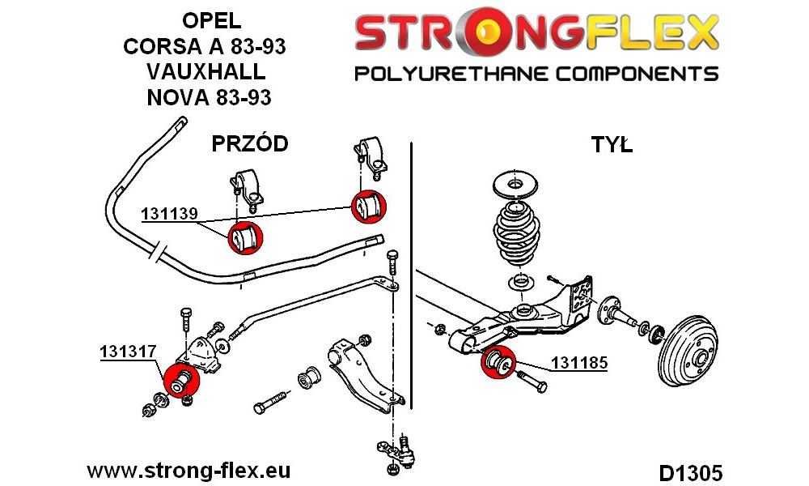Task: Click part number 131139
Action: (x=170, y=213)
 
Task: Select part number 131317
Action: (x=128, y=352)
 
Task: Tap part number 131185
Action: (x=579, y=363)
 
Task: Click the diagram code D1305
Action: (x=690, y=473)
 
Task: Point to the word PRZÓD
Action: (x=250, y=143)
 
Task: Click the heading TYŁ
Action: (x=612, y=145)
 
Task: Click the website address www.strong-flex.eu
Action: (x=188, y=471)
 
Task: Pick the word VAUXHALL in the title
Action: (x=206, y=72)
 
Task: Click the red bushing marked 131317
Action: (x=181, y=382)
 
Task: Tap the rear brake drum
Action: (x=688, y=352)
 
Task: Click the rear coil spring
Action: (x=516, y=231)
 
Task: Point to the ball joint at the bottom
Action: (x=396, y=450)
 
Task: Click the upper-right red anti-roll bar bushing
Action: (x=369, y=207)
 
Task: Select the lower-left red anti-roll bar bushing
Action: (x=245, y=238)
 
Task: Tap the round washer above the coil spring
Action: (x=515, y=183)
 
